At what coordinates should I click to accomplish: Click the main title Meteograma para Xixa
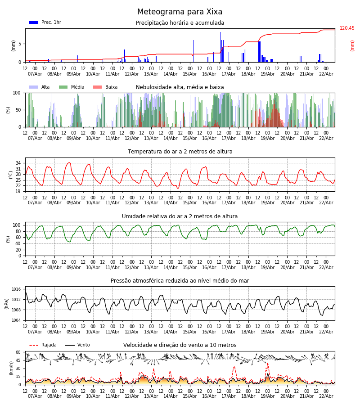click(180, 12)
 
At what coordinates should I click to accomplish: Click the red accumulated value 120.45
click(347, 28)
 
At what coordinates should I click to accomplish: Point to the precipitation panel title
click(180, 23)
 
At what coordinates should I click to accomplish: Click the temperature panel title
click(180, 152)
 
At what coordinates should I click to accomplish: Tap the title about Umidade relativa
click(180, 216)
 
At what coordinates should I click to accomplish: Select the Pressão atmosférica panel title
click(180, 281)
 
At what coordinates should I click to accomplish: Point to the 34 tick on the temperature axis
click(18, 163)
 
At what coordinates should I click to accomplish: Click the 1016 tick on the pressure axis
click(16, 289)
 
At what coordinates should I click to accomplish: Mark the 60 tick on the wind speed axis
click(18, 352)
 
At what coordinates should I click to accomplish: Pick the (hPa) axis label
click(7, 303)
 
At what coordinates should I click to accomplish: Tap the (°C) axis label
click(11, 175)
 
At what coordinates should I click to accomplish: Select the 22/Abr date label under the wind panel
click(326, 396)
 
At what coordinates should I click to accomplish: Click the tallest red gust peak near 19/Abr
click(267, 363)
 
